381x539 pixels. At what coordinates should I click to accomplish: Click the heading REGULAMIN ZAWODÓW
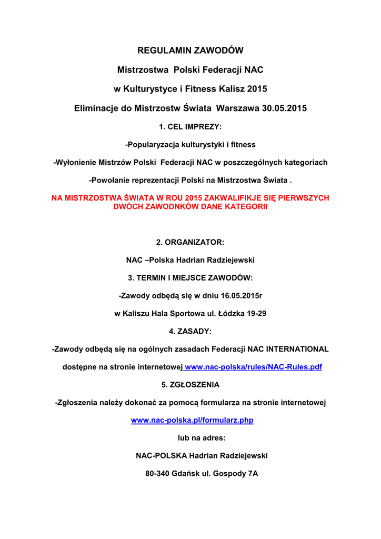[x=190, y=51]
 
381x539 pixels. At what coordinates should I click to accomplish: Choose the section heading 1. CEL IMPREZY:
[x=190, y=127]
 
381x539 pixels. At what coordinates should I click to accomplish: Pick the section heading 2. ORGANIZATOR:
[x=190, y=242]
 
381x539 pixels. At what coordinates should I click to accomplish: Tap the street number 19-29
[x=256, y=313]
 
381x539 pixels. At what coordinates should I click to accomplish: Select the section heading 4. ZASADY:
[x=190, y=331]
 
